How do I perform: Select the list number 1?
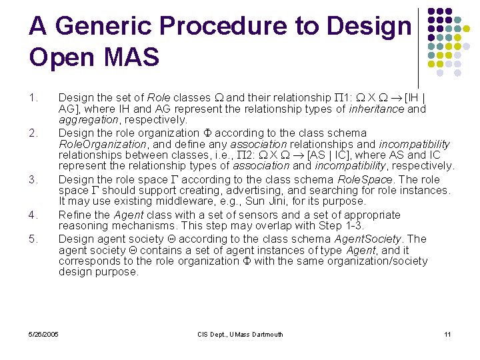33,99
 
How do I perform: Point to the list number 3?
33,180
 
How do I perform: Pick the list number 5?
33,239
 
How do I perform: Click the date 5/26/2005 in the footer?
44,334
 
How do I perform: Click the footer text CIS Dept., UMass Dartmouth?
241,334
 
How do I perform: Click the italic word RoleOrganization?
102,144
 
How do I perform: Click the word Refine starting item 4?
73,215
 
